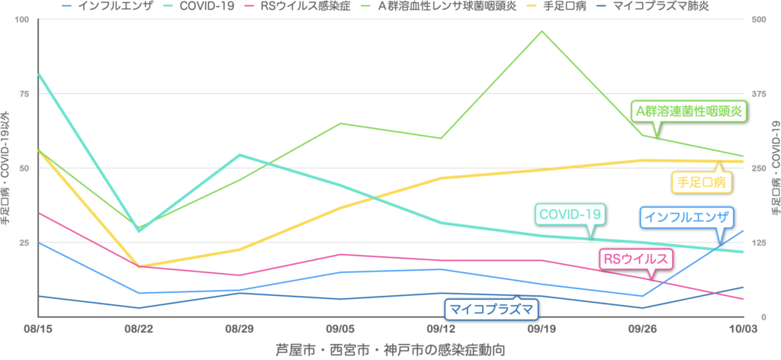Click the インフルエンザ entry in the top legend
pyautogui.click(x=110, y=6)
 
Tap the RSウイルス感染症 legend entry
pyautogui.click(x=301, y=6)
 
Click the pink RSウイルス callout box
pyautogui.click(x=635, y=259)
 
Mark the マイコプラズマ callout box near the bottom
pyautogui.click(x=491, y=309)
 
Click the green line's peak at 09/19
pyautogui.click(x=542, y=31)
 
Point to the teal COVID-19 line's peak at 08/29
pyautogui.click(x=240, y=155)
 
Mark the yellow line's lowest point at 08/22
pyautogui.click(x=139, y=267)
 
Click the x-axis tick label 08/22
pyautogui.click(x=139, y=329)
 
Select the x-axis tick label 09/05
pyautogui.click(x=340, y=329)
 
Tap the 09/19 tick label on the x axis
pyautogui.click(x=542, y=329)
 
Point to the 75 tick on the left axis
pyautogui.click(x=23, y=94)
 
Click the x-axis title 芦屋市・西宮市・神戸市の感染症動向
pyautogui.click(x=390, y=349)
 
